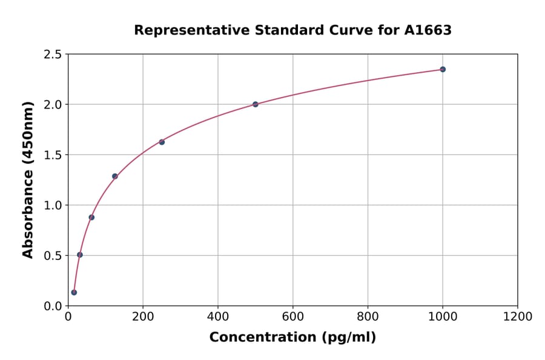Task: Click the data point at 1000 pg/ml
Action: pos(443,69)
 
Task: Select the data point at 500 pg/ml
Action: pos(256,104)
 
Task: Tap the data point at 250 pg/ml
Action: pos(162,142)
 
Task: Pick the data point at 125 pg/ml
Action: pos(114,176)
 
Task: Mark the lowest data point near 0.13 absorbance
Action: pos(74,292)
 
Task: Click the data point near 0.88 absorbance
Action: pos(91,217)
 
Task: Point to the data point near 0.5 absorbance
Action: pos(80,255)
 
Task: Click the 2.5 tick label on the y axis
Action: pos(53,55)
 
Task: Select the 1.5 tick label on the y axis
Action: pos(53,155)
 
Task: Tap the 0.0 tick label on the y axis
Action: pos(53,306)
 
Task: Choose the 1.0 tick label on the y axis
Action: pos(53,205)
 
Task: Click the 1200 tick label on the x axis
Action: pos(518,316)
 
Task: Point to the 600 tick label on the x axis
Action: pos(293,316)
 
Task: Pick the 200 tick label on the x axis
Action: pos(143,316)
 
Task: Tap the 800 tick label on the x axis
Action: pos(368,316)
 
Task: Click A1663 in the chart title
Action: pos(428,30)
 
